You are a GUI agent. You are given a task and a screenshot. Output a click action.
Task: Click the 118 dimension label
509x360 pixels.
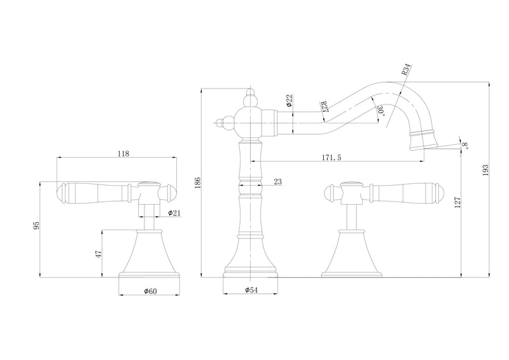point(123,153)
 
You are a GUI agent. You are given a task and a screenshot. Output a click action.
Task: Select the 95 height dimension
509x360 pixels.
point(37,225)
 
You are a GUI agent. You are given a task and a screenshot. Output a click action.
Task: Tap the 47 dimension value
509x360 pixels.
point(99,254)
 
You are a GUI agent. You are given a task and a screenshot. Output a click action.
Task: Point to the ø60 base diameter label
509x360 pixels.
point(150,291)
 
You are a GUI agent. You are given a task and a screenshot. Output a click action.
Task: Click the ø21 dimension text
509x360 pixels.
point(174,212)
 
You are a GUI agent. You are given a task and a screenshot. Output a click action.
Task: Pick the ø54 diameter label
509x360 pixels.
point(251,290)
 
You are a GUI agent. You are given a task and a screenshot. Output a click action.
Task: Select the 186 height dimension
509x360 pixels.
point(199,183)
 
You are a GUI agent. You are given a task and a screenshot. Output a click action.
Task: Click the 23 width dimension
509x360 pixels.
point(278,181)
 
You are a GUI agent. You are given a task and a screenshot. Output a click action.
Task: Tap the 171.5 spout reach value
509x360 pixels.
point(331,158)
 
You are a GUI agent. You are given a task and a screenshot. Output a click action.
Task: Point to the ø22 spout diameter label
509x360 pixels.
point(289,100)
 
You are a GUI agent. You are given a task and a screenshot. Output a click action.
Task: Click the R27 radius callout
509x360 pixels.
point(324,107)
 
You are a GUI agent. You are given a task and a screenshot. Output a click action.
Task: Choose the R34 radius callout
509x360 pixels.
point(406,70)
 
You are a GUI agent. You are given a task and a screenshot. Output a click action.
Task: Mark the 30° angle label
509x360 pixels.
point(381,111)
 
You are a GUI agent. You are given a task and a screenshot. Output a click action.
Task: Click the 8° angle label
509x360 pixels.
point(465,145)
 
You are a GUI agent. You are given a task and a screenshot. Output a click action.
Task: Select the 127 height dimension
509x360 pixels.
point(457,202)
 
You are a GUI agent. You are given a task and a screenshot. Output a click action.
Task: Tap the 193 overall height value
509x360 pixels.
point(485,170)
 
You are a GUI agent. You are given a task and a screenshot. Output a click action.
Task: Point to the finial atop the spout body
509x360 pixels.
point(250,97)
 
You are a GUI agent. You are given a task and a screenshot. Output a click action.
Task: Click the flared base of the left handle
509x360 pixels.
point(149,254)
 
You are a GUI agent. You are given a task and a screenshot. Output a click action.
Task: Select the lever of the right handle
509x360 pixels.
point(401,194)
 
